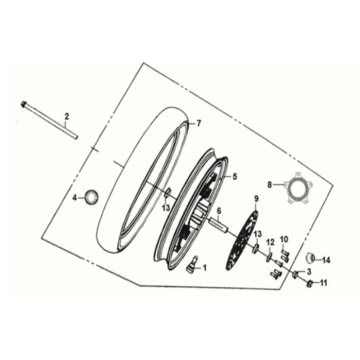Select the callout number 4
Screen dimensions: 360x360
pos(73,199)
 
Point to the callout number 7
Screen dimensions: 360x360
pos(199,123)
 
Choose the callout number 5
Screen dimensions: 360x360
pos(235,175)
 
